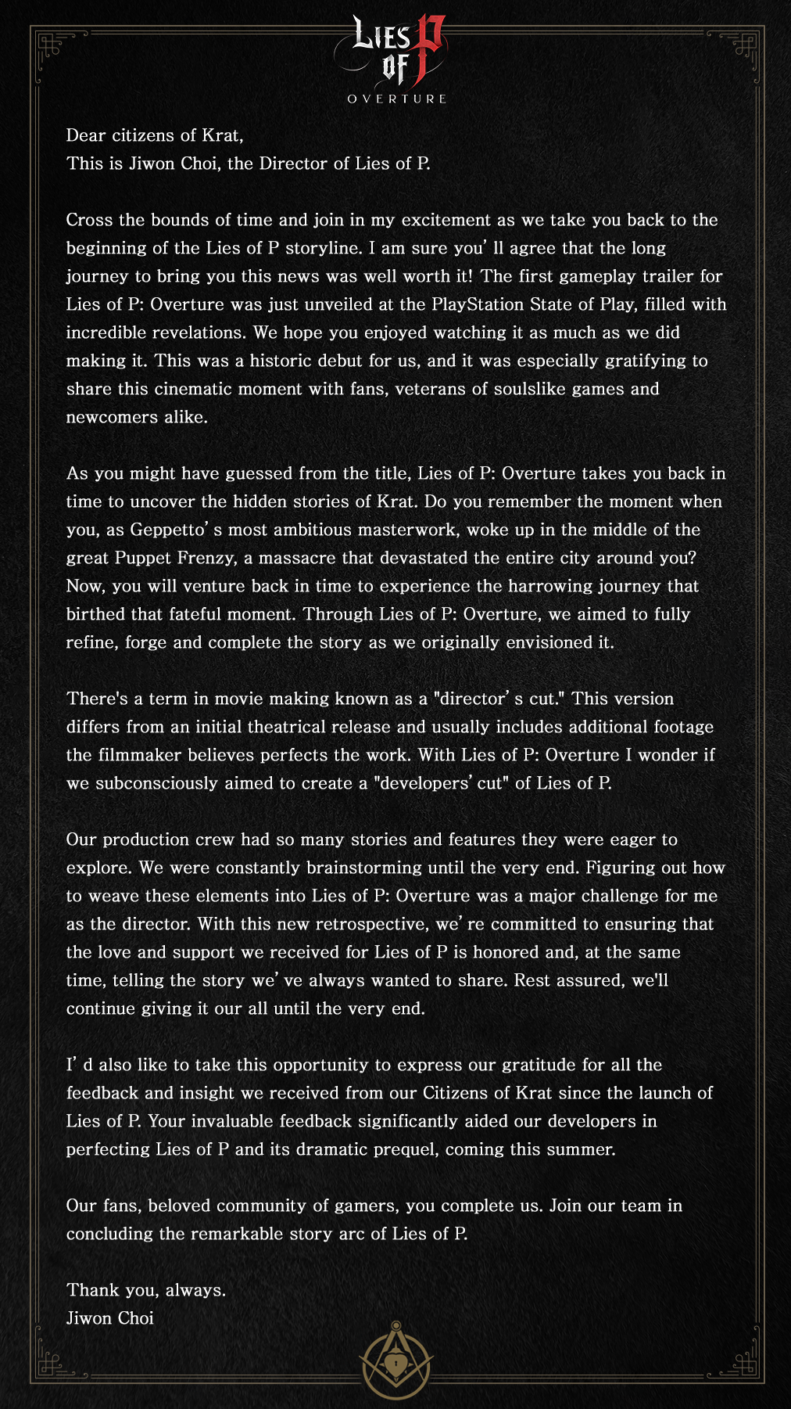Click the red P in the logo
coord(427,49)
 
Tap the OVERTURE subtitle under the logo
coord(397,99)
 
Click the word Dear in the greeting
coord(86,135)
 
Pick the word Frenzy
coord(208,558)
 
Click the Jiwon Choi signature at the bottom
coord(110,1318)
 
